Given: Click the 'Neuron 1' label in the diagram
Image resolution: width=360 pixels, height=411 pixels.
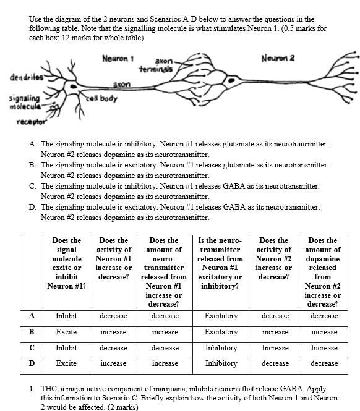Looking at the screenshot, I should pos(118,59).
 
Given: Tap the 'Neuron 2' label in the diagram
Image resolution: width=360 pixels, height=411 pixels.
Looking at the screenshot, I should pos(278,58).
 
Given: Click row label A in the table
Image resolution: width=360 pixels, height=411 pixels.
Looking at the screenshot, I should pos(32,315).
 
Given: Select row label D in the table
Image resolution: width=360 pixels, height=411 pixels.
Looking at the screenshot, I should pos(32,363).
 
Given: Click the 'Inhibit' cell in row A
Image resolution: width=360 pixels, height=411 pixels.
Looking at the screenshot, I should pos(66,316).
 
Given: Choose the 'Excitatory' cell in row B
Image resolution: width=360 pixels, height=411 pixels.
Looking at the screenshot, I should pos(221,332).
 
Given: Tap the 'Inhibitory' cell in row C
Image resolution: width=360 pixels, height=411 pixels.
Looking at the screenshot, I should pos(221,348).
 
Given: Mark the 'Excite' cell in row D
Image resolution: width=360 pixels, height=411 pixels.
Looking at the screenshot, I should pos(66,363).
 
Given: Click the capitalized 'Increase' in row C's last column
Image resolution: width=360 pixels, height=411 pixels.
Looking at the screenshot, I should pos(324,348).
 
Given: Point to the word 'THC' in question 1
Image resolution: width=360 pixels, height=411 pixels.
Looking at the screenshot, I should pos(50,389).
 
